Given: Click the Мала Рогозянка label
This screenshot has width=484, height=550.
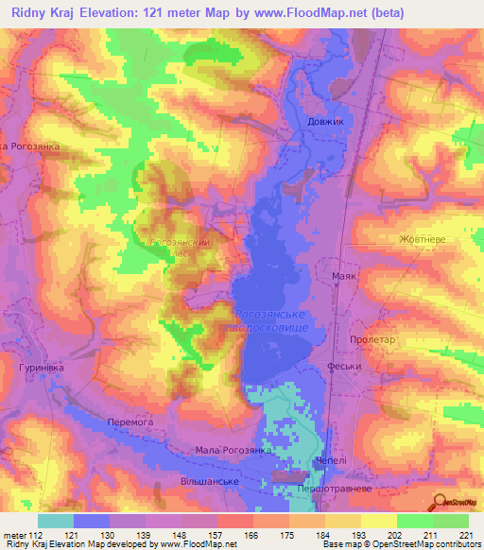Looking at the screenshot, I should coord(233,452).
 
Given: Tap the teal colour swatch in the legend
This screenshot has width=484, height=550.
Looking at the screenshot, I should coord(56,521).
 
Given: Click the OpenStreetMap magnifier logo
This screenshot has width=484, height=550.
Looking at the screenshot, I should coord(439,503).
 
